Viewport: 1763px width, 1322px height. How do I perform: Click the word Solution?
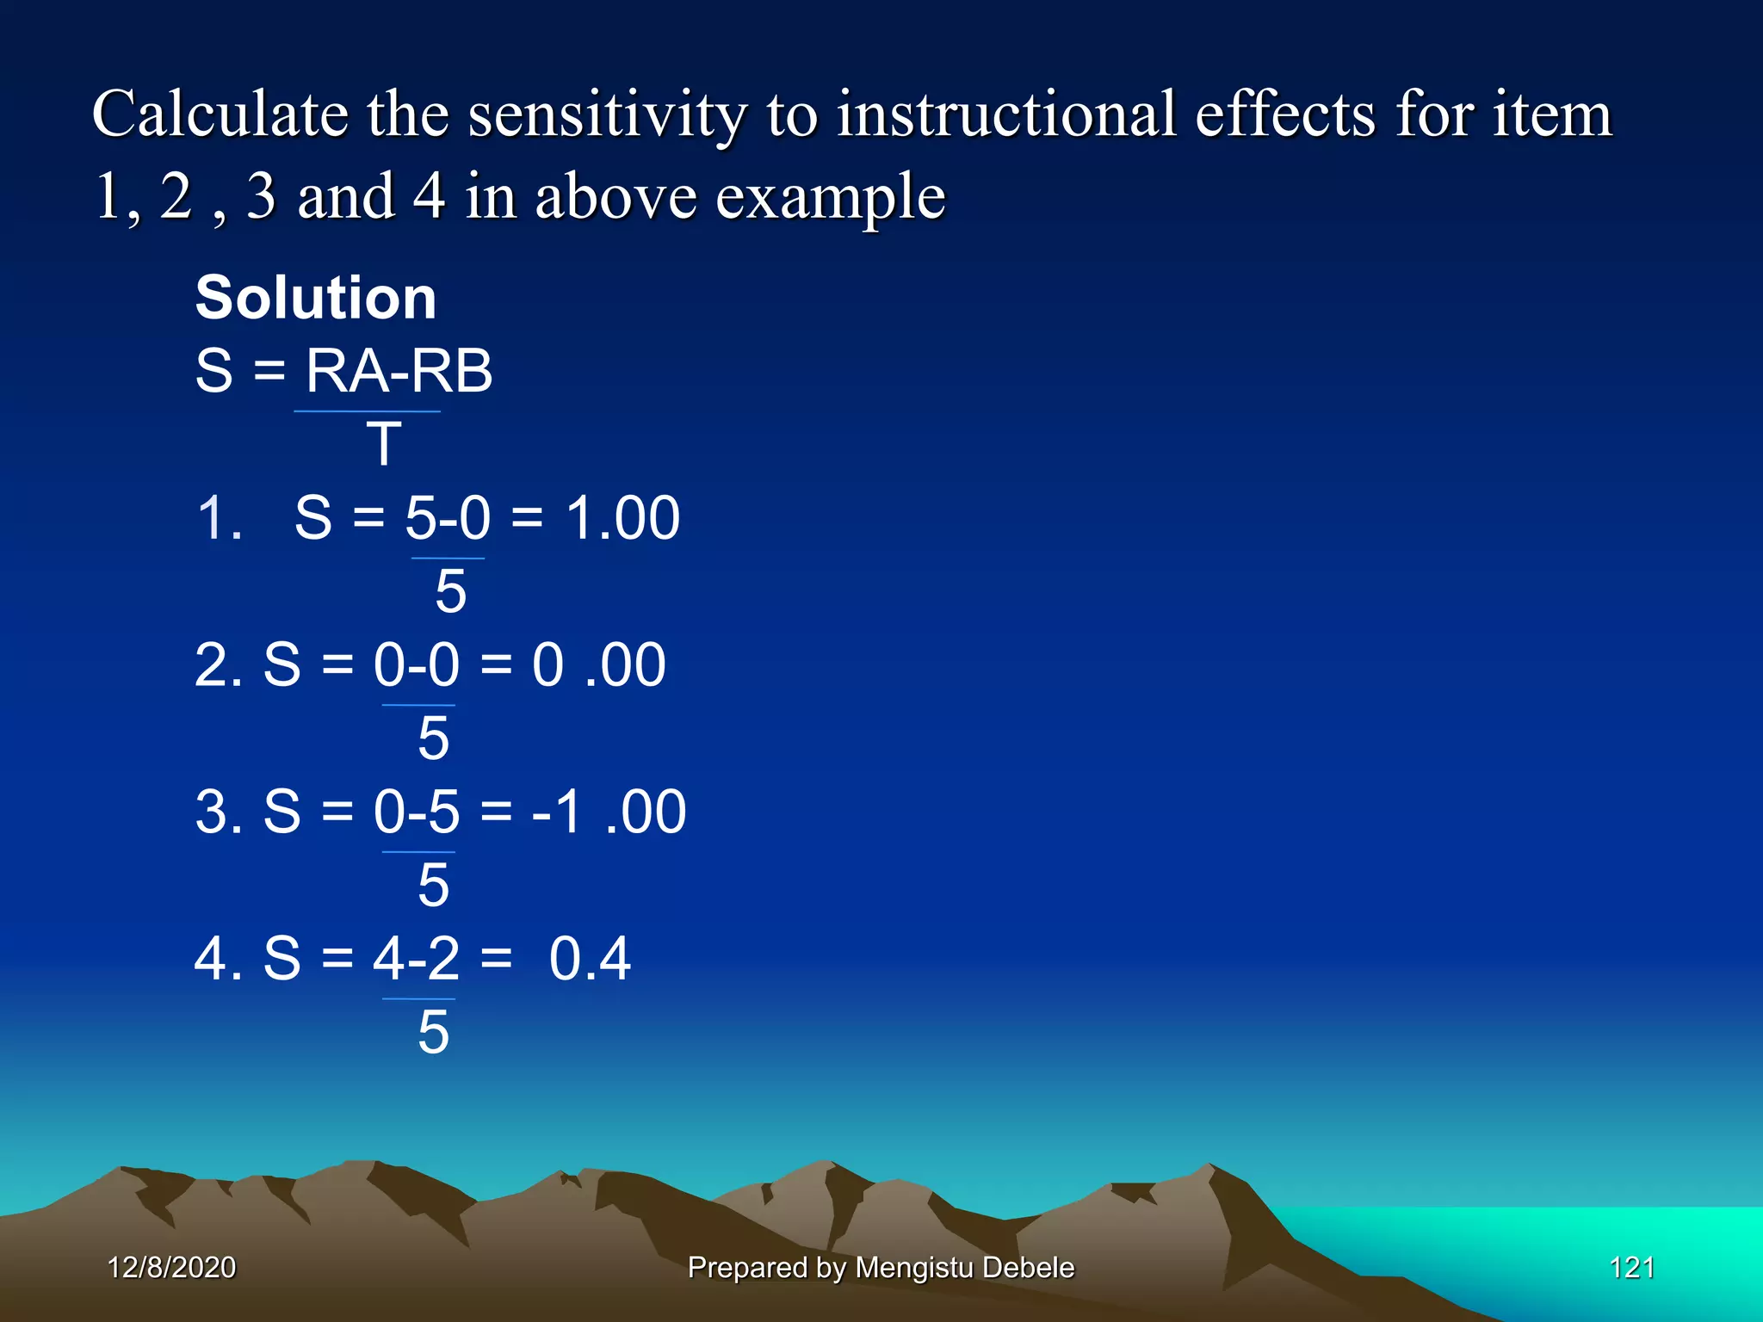[316, 298]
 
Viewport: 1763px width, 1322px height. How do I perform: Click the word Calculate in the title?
[219, 114]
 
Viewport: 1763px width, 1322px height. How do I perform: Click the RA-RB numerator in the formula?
[399, 371]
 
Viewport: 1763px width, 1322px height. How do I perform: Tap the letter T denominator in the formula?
[384, 445]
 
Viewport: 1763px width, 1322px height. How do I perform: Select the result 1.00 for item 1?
[622, 518]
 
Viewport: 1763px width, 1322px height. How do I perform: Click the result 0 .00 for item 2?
[598, 665]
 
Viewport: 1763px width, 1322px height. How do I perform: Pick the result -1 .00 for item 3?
[608, 812]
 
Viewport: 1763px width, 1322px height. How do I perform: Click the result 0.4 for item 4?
[590, 959]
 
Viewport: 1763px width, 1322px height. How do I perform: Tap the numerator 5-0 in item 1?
[448, 518]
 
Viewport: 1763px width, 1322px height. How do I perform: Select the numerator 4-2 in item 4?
[417, 959]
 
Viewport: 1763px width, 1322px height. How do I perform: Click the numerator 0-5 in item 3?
[417, 812]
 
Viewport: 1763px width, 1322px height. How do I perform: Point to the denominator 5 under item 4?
[433, 1032]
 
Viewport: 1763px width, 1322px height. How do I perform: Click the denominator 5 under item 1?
[450, 592]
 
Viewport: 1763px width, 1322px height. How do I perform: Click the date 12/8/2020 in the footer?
[171, 1268]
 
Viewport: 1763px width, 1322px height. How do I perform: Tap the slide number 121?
[1631, 1268]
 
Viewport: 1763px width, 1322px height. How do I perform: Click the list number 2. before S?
[218, 665]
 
